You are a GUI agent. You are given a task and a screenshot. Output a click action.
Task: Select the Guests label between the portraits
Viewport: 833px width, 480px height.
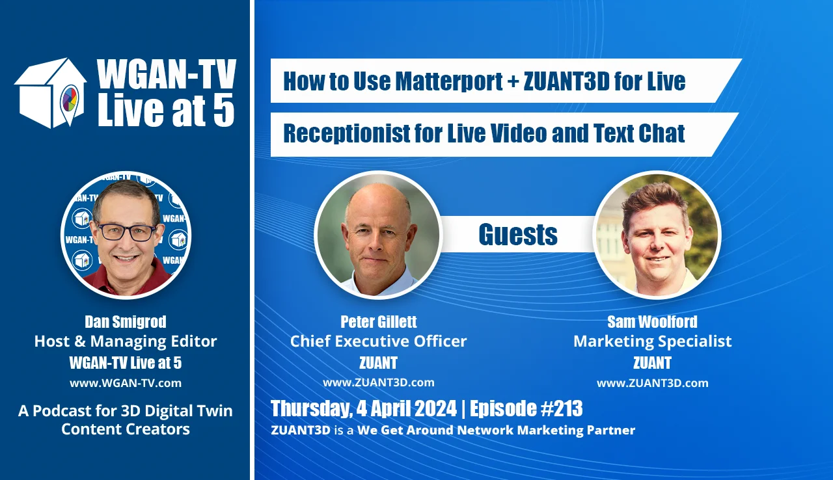tap(518, 234)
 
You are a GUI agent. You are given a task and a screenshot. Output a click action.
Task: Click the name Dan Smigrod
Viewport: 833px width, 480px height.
tap(125, 321)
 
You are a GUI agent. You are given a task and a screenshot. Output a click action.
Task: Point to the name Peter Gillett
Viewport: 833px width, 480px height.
tap(378, 321)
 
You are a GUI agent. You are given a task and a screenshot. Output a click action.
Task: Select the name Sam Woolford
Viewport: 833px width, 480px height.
tap(652, 321)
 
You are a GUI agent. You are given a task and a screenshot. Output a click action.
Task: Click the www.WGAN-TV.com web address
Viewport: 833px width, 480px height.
tap(125, 383)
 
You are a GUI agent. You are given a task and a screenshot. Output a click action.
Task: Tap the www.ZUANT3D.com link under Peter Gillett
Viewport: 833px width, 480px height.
tap(378, 382)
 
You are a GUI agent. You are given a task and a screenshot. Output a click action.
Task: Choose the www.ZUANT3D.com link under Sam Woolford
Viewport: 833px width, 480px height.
tap(652, 383)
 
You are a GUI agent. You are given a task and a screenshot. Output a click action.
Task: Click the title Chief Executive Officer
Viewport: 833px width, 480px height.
tap(378, 341)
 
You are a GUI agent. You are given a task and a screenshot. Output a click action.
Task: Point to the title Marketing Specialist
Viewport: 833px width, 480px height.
tap(652, 341)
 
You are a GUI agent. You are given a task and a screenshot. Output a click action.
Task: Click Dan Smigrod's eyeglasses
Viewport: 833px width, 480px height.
tap(126, 232)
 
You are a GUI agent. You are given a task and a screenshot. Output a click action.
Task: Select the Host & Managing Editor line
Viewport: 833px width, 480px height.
tap(125, 341)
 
